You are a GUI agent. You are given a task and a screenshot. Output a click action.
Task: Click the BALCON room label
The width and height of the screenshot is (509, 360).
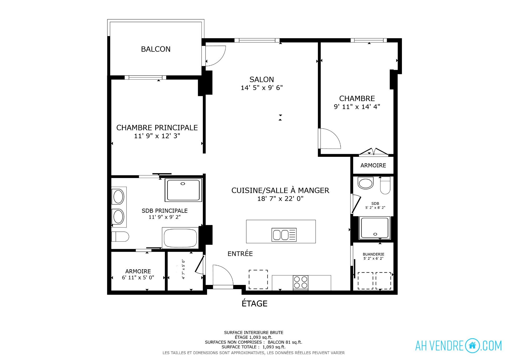click(x=156, y=49)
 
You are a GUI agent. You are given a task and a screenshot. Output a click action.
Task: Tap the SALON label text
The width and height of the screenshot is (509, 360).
click(x=262, y=80)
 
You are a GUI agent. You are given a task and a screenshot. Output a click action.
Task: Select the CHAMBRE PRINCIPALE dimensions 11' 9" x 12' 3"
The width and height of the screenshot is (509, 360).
click(x=157, y=136)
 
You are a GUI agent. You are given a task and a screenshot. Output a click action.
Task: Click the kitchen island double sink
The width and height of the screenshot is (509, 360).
click(x=284, y=235)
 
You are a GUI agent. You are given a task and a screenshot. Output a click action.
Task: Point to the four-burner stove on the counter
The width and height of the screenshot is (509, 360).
click(x=301, y=283)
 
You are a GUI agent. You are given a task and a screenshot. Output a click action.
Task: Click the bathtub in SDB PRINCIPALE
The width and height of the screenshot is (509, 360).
click(x=180, y=238)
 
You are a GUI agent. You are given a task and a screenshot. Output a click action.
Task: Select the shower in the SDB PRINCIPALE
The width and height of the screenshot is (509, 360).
click(x=183, y=190)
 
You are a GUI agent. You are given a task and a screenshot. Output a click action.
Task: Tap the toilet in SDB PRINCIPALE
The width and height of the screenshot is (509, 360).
click(x=120, y=236)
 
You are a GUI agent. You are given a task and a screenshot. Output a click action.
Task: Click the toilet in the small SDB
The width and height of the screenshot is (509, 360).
click(x=385, y=185)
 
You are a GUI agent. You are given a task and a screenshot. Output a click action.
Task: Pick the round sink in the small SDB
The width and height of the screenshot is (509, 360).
click(x=366, y=183)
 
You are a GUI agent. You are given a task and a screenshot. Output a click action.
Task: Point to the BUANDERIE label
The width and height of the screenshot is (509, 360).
click(x=373, y=254)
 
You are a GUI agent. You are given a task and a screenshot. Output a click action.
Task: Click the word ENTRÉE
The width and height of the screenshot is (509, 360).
click(x=240, y=254)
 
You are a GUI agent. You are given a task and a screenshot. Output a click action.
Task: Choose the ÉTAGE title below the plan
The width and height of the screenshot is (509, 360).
click(x=254, y=303)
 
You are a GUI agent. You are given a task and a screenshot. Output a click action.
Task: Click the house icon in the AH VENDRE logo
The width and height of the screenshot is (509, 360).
click(x=472, y=345)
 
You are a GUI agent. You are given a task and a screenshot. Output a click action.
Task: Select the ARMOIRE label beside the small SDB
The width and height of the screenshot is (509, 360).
click(x=373, y=165)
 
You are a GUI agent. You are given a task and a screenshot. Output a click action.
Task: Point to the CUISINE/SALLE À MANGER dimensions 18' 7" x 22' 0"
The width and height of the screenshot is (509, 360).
click(x=280, y=198)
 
